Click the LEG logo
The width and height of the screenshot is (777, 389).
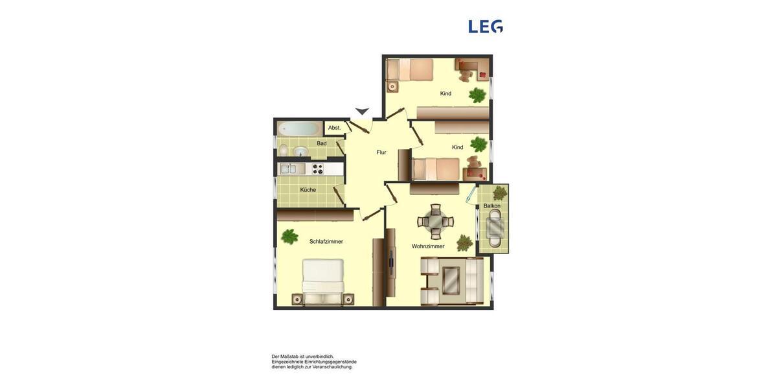point(486,27)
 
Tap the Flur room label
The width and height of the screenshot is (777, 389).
point(381,152)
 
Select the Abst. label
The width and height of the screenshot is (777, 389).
point(334,128)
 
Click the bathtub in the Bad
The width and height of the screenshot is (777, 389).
point(298,128)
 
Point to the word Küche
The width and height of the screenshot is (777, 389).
point(308,190)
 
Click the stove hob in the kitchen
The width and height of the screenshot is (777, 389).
point(317,169)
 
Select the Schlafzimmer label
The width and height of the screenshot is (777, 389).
point(326,242)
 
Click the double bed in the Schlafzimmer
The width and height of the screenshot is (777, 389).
point(323,281)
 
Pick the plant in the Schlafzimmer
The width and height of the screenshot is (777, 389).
point(289,236)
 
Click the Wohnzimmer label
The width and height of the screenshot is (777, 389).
point(428,246)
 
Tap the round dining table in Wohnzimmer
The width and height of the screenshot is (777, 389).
point(435,221)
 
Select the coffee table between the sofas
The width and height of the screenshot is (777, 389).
point(451,281)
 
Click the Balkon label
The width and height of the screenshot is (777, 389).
point(492,206)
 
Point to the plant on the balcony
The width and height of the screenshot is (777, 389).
point(500,193)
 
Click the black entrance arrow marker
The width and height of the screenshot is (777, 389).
point(362,112)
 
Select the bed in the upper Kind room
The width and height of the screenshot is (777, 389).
point(410,69)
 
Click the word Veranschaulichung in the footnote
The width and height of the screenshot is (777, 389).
point(332,367)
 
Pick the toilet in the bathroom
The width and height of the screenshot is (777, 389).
point(284,150)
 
